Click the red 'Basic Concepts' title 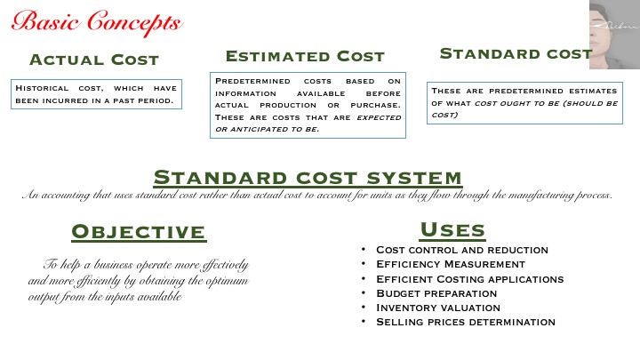[x=97, y=22]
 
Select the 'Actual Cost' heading [x=94, y=60]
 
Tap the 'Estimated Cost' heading [x=305, y=56]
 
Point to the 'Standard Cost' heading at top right [x=516, y=54]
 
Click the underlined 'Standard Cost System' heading [x=308, y=178]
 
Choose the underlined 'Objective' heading [x=139, y=232]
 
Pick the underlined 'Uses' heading [x=452, y=230]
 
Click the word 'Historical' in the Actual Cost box [x=42, y=88]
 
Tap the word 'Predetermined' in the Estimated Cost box [x=252, y=81]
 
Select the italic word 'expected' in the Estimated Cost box [x=379, y=117]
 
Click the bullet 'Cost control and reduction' [x=462, y=250]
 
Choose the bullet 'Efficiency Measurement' [x=451, y=264]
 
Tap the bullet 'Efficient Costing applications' [x=470, y=279]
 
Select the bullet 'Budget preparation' [x=436, y=293]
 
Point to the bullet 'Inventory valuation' [x=438, y=308]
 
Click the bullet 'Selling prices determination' [x=466, y=322]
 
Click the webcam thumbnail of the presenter [x=614, y=35]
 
